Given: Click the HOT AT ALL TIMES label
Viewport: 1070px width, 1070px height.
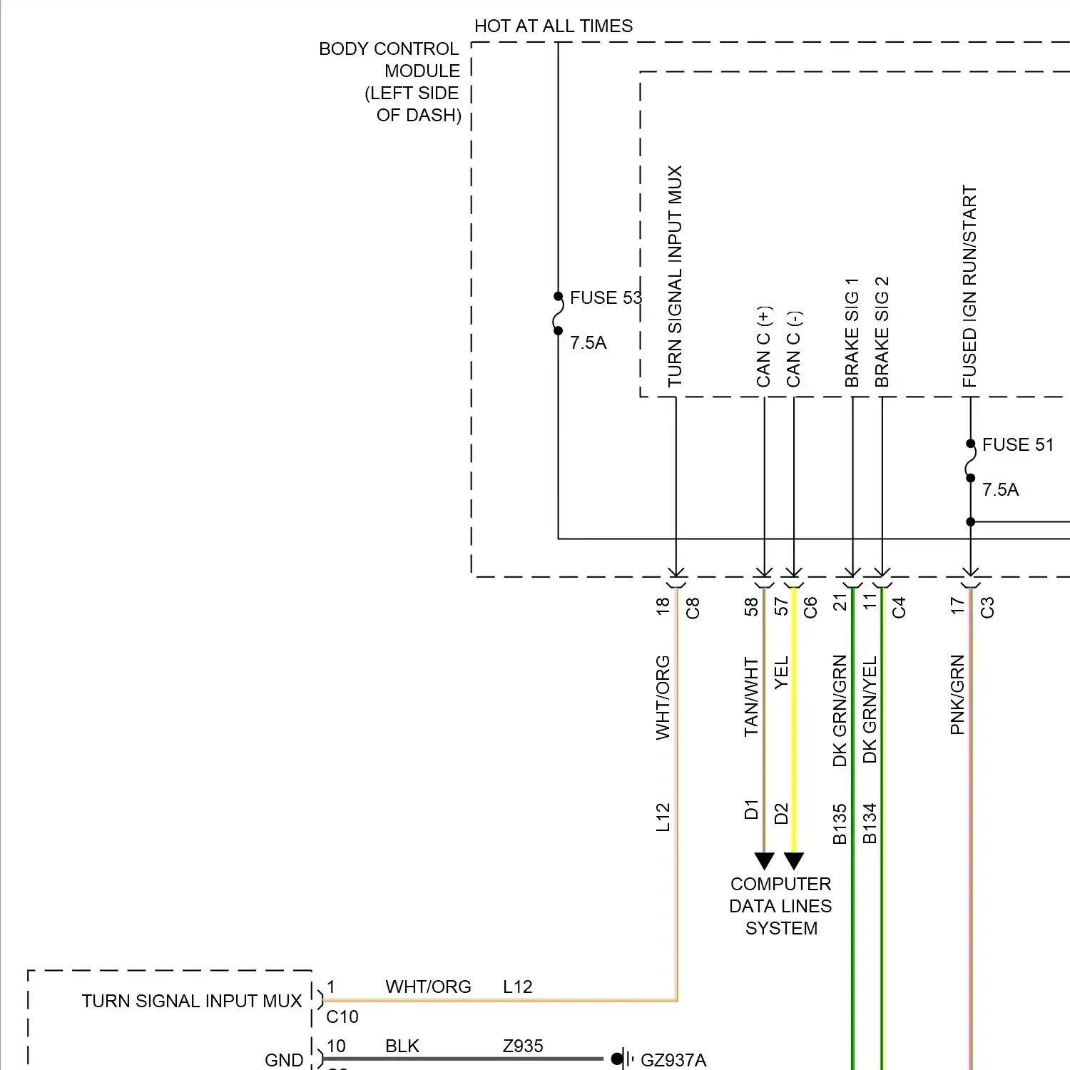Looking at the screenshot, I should pos(554,26).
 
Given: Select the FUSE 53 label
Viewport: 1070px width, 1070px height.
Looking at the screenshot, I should pos(606,298).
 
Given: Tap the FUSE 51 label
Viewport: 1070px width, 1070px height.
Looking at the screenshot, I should pos(1017,445).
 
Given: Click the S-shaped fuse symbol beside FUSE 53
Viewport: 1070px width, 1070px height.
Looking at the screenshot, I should pos(558,314).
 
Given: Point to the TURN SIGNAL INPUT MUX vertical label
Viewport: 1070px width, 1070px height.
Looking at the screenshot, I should pos(675,277).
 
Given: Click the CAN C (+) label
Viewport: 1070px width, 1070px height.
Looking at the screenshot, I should pos(764,347).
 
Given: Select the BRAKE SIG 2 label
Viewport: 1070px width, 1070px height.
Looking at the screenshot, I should pos(882,332).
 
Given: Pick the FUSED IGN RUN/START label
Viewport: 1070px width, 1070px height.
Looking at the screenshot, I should pos(969,287).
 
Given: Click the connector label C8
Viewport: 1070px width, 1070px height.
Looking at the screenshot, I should pos(693,608).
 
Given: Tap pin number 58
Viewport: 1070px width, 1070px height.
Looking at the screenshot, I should pos(751,607).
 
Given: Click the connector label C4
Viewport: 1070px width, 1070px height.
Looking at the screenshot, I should pos(899,608).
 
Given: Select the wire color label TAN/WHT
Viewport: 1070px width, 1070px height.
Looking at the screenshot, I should pos(751,697).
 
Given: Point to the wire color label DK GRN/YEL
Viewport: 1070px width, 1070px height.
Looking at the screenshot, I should pos(870,710).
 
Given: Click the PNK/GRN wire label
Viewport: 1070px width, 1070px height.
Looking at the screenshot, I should pos(957,695).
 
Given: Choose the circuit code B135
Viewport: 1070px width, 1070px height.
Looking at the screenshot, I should pos(840,824).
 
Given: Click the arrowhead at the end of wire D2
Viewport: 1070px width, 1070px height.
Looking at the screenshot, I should pos(794,861).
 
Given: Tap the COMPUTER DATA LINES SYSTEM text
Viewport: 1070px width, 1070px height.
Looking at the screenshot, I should pos(781,906).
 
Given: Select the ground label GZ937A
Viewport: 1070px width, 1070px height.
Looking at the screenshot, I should pos(673,1060).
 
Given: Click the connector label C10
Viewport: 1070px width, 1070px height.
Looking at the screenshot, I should pos(342,1017).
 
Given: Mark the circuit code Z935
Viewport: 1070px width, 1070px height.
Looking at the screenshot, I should pos(523,1046).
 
